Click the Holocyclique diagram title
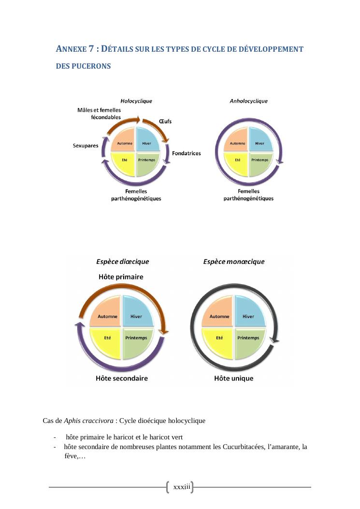coord(136,101)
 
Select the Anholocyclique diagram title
coord(248,101)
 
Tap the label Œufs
coord(165,121)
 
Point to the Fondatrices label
coord(187,153)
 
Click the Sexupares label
coord(86,145)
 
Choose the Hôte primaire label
coord(121,277)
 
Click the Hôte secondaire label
coord(122,378)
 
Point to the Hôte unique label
coord(234,378)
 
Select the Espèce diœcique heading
coord(123,262)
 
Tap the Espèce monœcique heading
coord(234,262)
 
